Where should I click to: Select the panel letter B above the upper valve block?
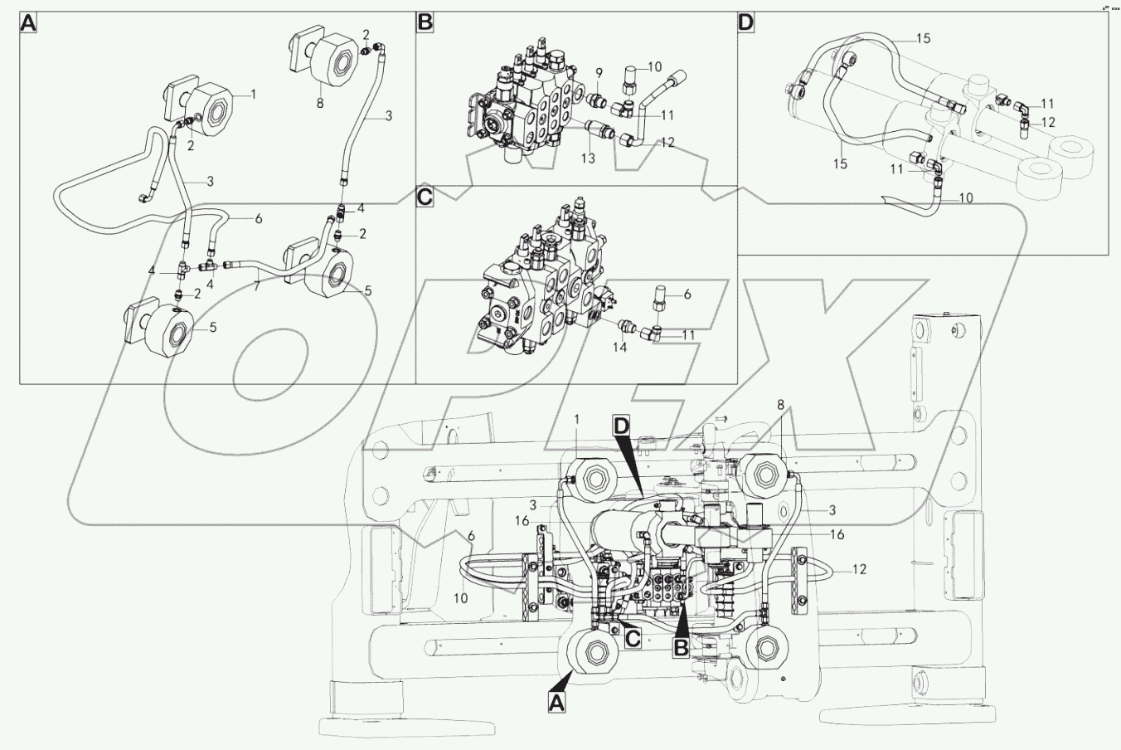pyautogui.click(x=425, y=22)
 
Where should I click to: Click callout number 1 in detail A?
pyautogui.click(x=253, y=95)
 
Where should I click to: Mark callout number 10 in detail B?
pyautogui.click(x=654, y=66)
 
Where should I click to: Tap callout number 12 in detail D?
pyautogui.click(x=1047, y=122)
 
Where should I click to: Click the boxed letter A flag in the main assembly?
pyautogui.click(x=556, y=703)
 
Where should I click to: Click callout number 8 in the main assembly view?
pyautogui.click(x=780, y=404)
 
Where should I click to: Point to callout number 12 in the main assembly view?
pyautogui.click(x=859, y=569)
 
